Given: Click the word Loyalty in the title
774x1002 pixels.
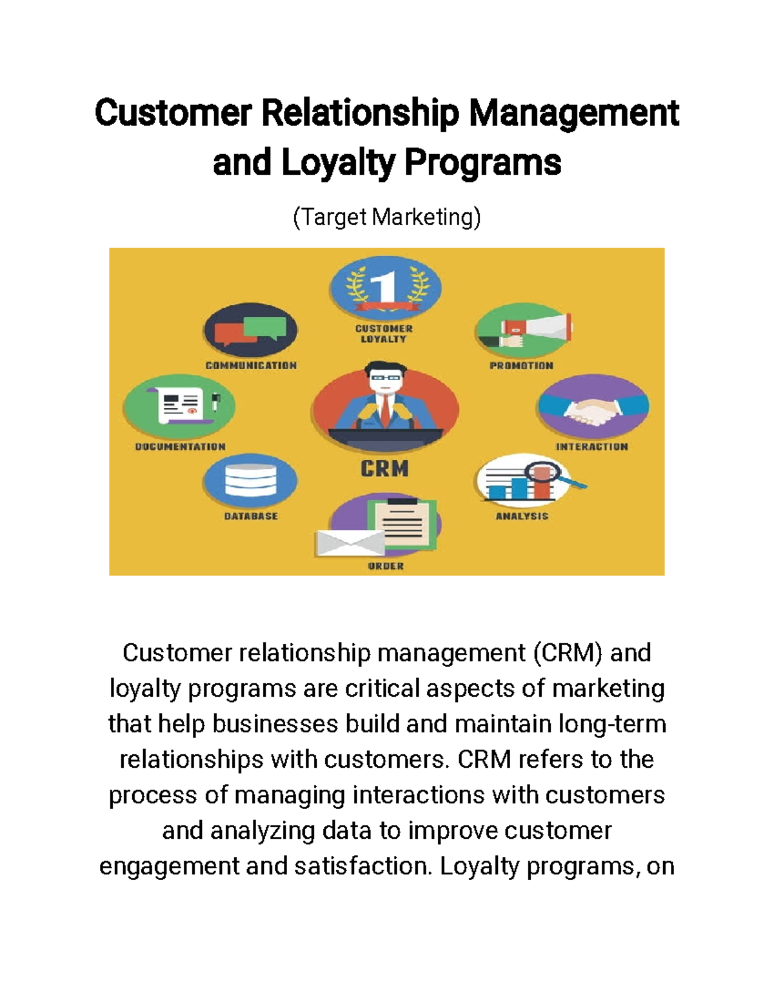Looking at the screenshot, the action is click(338, 163).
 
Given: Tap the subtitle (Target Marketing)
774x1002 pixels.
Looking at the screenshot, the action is click(386, 217).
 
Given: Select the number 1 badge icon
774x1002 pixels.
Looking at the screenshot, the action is click(386, 287).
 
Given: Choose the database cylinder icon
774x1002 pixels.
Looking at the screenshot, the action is click(250, 481).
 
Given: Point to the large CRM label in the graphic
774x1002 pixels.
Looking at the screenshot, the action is click(384, 468).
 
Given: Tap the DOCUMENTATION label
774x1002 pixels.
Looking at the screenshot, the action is click(180, 446).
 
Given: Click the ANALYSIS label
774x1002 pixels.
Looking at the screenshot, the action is click(522, 516).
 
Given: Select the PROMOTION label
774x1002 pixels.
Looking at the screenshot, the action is click(521, 366).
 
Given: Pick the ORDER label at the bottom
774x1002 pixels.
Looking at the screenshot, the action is click(386, 566).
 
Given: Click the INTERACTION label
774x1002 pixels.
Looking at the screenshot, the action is click(592, 446).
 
